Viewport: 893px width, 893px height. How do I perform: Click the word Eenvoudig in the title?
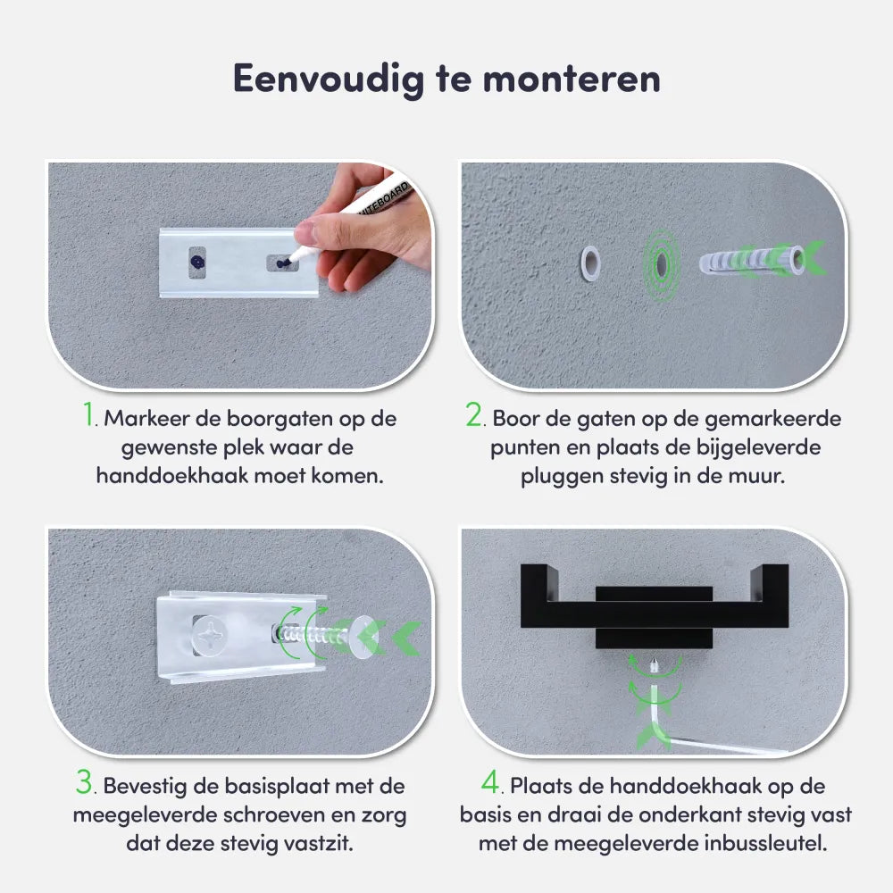point(329,79)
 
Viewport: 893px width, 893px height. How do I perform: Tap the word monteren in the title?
point(572,79)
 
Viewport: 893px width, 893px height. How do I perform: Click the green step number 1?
point(88,414)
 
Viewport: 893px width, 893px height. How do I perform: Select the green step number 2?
point(474,414)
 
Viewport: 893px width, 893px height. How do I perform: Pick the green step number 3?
point(84,781)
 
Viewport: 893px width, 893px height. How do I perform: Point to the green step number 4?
point(490,781)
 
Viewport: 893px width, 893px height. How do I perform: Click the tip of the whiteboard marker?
point(287,263)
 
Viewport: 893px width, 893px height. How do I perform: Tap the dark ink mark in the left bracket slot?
point(197,263)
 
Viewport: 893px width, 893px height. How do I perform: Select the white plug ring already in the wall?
point(590,263)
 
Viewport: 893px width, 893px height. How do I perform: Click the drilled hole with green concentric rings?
point(661,263)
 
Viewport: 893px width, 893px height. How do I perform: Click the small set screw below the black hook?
point(655,664)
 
